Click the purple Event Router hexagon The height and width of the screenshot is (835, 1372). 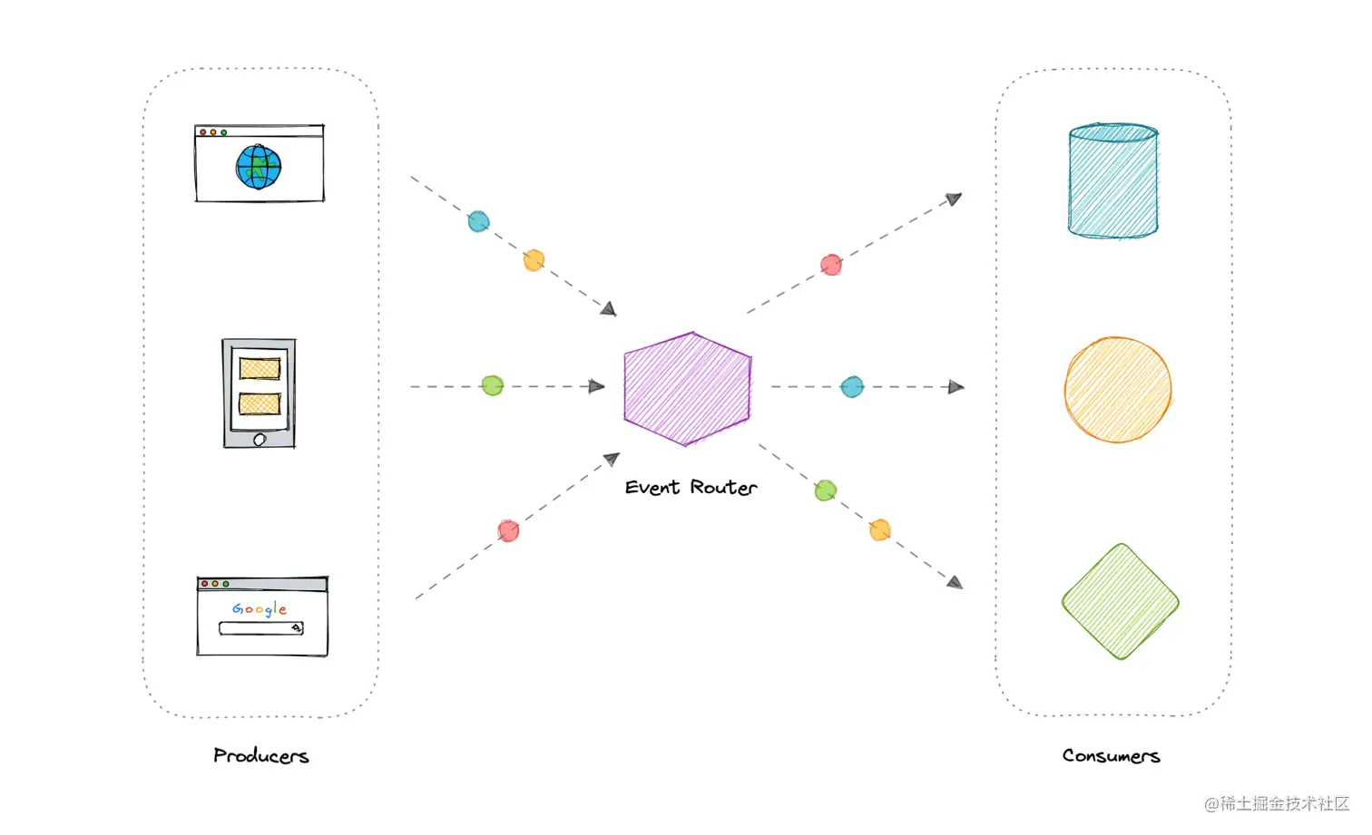(x=688, y=389)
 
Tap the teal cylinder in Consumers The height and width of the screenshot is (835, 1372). (x=1112, y=181)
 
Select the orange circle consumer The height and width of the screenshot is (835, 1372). (x=1117, y=390)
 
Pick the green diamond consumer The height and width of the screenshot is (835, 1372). (x=1120, y=601)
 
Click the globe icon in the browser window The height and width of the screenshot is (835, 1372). (x=259, y=167)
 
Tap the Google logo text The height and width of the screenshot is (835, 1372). (x=260, y=608)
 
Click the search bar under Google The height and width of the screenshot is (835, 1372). (x=260, y=628)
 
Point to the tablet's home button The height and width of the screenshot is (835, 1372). (x=260, y=440)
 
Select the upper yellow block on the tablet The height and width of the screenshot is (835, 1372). (x=260, y=368)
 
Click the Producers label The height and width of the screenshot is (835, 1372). (x=261, y=755)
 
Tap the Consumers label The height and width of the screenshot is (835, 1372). (x=1111, y=755)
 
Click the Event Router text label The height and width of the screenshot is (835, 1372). (x=691, y=487)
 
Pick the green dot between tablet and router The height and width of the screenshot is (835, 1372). (x=492, y=385)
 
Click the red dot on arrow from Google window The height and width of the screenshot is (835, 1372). (x=508, y=530)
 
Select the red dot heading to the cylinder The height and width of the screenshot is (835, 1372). (x=831, y=265)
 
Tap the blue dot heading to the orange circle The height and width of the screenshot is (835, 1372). (x=852, y=387)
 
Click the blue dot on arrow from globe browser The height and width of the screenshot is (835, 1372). (x=478, y=221)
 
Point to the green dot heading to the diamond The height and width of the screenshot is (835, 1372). (x=825, y=490)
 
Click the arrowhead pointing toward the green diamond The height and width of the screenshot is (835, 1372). (x=955, y=582)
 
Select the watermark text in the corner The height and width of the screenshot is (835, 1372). (x=1277, y=803)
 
